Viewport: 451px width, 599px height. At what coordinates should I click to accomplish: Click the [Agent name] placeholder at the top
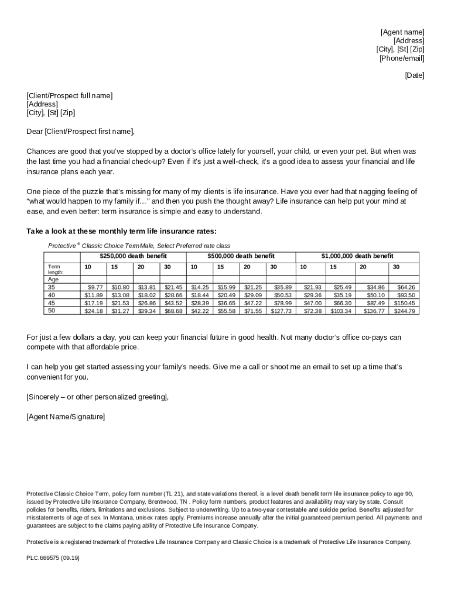click(x=402, y=32)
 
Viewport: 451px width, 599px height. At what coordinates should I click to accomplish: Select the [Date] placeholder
click(x=415, y=75)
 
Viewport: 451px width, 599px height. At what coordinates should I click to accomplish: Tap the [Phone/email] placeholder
click(x=402, y=58)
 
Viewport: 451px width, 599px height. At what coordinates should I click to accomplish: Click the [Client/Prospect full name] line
click(x=70, y=95)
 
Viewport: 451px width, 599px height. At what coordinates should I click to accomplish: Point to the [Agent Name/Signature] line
click(x=66, y=416)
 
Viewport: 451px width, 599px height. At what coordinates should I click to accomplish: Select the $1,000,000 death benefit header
click(x=357, y=256)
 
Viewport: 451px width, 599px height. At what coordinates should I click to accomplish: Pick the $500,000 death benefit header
click(x=241, y=256)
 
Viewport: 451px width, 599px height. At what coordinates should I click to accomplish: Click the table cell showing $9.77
click(x=95, y=287)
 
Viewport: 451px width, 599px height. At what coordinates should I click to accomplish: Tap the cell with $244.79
click(x=404, y=311)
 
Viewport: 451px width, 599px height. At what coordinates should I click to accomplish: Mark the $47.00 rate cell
click(x=312, y=303)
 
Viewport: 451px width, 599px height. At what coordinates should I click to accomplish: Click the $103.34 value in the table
click(x=340, y=311)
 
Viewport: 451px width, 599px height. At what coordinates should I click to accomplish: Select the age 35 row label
click(x=52, y=287)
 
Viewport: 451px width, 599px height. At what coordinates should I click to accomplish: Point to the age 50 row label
click(x=52, y=311)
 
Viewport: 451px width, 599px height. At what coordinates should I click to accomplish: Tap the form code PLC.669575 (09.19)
click(x=53, y=558)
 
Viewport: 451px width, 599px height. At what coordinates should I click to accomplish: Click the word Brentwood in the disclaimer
click(x=159, y=502)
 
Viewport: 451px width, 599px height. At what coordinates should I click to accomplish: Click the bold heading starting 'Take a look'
click(x=121, y=231)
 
